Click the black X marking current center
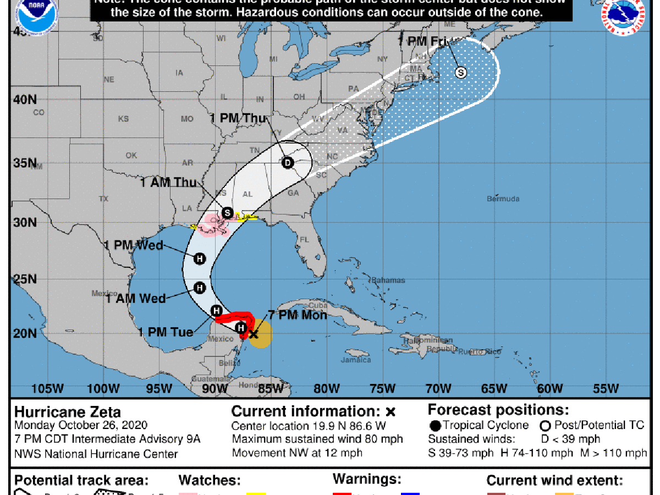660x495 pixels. pyautogui.click(x=253, y=333)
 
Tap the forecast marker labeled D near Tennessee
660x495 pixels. pyautogui.click(x=287, y=163)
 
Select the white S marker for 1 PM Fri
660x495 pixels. pyautogui.click(x=460, y=72)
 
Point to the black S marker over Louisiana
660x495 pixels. pyautogui.click(x=227, y=212)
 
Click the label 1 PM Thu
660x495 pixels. pyautogui.click(x=238, y=118)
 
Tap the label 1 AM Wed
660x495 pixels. pyautogui.click(x=136, y=298)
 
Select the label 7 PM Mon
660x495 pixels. pyautogui.click(x=297, y=315)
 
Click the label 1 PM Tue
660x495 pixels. pyautogui.click(x=166, y=332)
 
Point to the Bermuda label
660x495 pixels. pyautogui.click(x=503, y=199)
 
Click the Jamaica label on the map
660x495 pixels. pyautogui.click(x=355, y=360)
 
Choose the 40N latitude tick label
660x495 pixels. pyautogui.click(x=25, y=100)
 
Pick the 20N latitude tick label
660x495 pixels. pyautogui.click(x=25, y=334)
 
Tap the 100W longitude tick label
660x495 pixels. pyautogui.click(x=103, y=389)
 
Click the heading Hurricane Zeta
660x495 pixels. pyautogui.click(x=67, y=411)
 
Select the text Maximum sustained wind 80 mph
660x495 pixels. pyautogui.click(x=317, y=439)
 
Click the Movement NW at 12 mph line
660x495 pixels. pyautogui.click(x=297, y=453)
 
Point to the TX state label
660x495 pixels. pyautogui.click(x=103, y=199)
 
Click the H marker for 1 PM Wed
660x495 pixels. pyautogui.click(x=200, y=258)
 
